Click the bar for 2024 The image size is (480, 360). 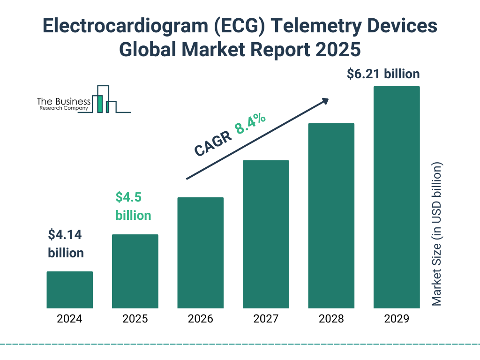point(69,290)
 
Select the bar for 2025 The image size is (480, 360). point(135,271)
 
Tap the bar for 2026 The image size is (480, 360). point(200,253)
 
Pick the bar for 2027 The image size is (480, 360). point(266,234)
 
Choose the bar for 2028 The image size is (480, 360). point(331,216)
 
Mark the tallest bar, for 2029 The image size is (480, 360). point(397,197)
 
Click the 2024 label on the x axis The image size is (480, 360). point(69,319)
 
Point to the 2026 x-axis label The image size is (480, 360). point(200,319)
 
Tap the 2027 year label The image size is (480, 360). point(266,319)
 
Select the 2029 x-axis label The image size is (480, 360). point(397,319)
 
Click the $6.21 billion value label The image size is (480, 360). point(383,74)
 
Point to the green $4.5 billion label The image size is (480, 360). point(133,206)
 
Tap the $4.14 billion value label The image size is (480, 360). point(66,244)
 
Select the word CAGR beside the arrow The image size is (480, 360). point(213,143)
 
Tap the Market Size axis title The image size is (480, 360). point(437,234)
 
